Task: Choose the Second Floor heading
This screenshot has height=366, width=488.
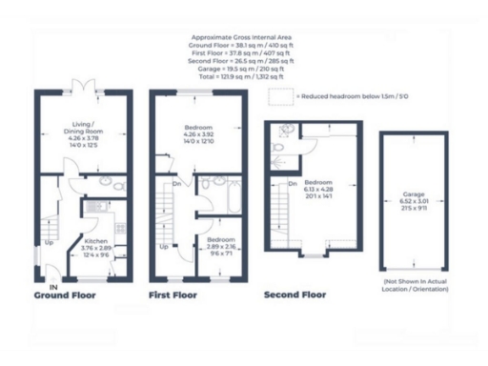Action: tap(295, 295)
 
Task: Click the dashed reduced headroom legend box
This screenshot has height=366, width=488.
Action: tap(279, 96)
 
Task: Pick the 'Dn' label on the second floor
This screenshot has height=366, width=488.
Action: tap(293, 183)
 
